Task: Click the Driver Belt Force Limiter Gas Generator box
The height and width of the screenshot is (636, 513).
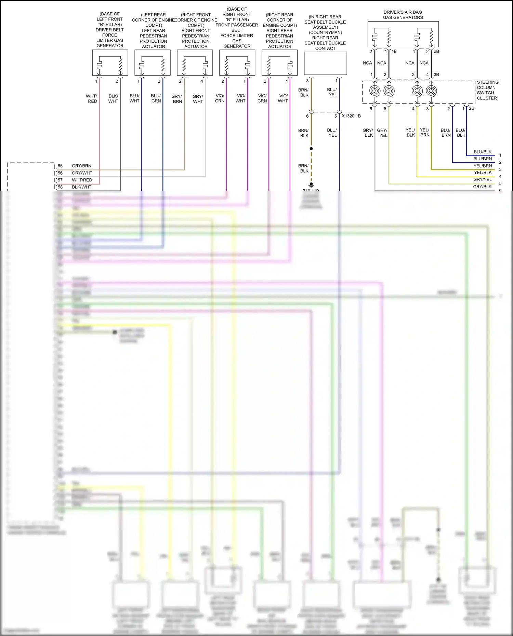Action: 110,63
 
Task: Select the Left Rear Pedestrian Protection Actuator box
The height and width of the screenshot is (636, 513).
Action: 152,63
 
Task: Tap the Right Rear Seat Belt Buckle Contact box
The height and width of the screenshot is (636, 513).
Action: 325,63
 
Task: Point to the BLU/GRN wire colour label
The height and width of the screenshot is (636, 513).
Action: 156,98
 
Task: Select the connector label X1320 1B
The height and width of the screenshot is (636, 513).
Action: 351,116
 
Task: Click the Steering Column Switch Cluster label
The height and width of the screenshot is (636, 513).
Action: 487,90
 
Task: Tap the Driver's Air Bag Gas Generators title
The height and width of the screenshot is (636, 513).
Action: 403,15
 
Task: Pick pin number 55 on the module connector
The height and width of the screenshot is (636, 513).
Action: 60,166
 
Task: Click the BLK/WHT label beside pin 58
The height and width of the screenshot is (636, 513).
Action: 81,187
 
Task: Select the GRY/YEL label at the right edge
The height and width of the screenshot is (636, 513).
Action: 482,179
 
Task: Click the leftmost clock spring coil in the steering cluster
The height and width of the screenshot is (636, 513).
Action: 375,91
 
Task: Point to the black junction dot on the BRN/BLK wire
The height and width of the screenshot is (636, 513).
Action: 311,149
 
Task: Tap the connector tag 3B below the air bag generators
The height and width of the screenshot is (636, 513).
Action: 436,75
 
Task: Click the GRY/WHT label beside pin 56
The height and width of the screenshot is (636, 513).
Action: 82,173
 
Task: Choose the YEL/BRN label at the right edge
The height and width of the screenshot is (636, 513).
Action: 483,166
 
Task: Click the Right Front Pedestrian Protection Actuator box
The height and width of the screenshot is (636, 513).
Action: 195,63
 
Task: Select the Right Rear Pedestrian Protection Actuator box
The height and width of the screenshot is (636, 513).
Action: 279,63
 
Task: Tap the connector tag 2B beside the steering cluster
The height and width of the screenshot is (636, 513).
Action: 472,108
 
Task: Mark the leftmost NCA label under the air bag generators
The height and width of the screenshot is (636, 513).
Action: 367,63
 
